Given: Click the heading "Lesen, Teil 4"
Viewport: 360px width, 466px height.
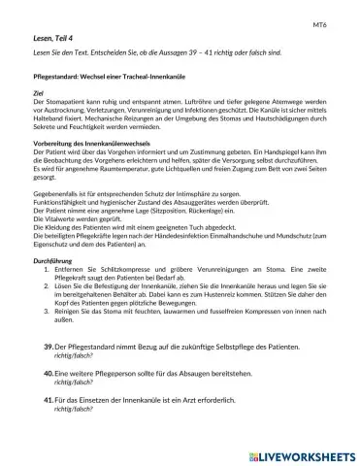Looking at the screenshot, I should (56, 37).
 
